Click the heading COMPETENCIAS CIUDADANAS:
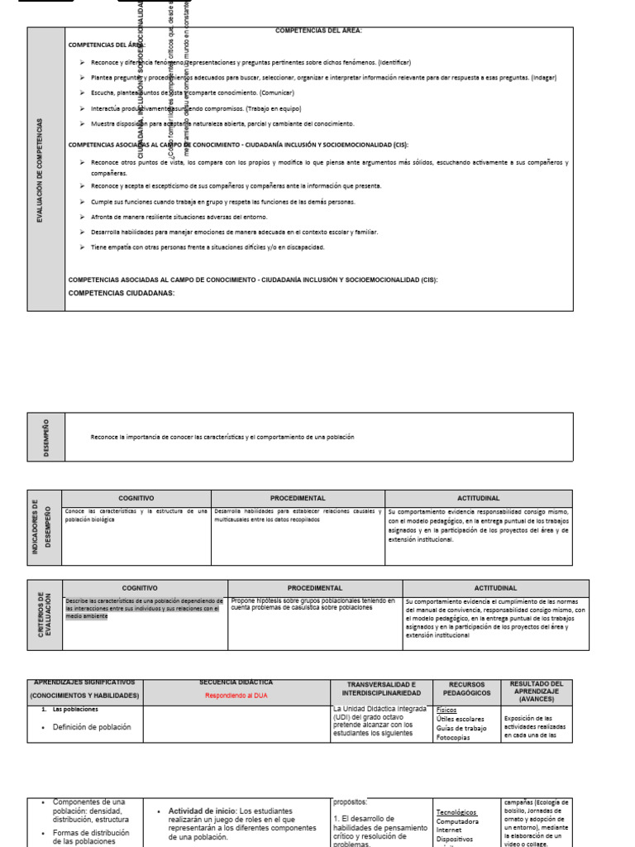click(122, 293)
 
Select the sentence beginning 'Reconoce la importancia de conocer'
click(222, 437)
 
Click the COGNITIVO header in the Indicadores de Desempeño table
click(136, 498)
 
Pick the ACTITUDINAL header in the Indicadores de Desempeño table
click(478, 498)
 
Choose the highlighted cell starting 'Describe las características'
click(145, 609)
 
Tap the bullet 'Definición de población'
click(91, 727)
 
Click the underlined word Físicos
click(446, 710)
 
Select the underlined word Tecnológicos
click(456, 812)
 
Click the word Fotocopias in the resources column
click(454, 737)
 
